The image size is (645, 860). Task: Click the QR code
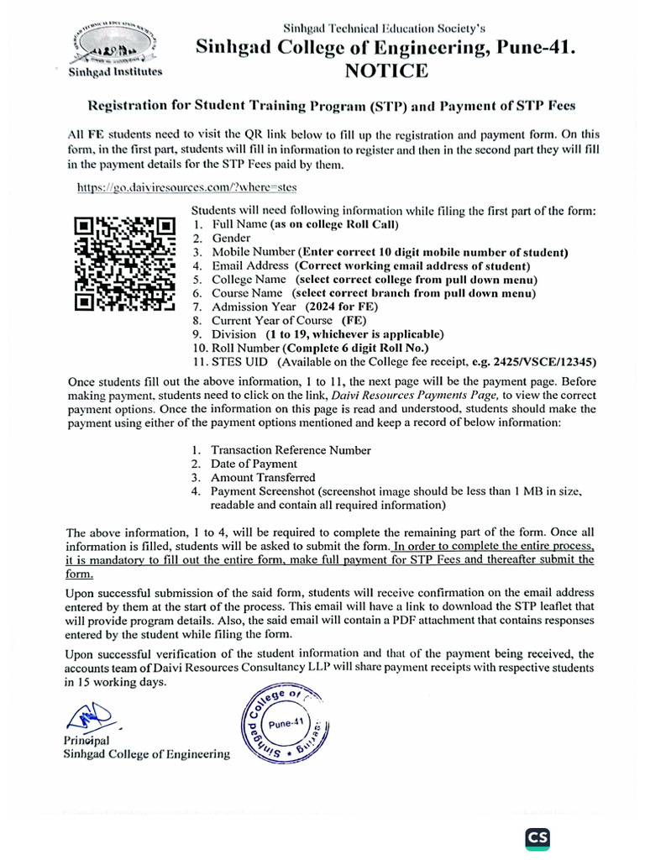tap(124, 265)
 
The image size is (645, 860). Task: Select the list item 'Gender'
tap(231, 238)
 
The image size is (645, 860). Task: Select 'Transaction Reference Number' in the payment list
tap(291, 450)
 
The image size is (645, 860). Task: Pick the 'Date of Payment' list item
tap(254, 464)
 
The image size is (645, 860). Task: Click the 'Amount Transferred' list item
tap(264, 477)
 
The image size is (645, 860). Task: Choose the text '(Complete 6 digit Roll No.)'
tap(355, 348)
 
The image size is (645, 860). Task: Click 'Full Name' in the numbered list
tap(239, 224)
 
